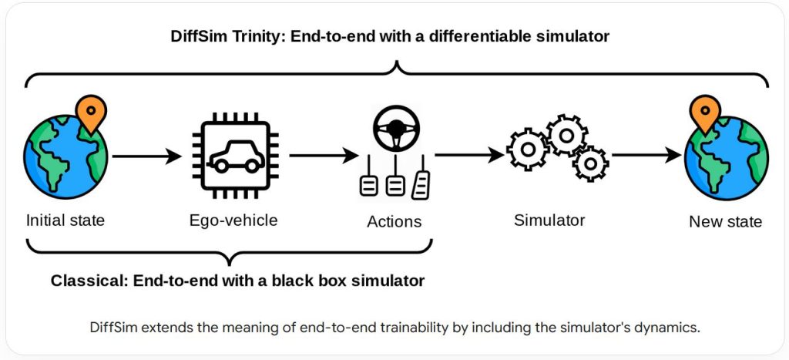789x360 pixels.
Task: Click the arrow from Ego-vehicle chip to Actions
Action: (317, 157)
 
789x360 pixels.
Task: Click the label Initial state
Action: (65, 220)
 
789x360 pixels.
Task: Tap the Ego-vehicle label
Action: (233, 220)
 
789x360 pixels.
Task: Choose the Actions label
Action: (394, 222)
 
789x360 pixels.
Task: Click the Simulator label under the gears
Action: (549, 220)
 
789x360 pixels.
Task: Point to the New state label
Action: (725, 222)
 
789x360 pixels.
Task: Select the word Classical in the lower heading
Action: (86, 281)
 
